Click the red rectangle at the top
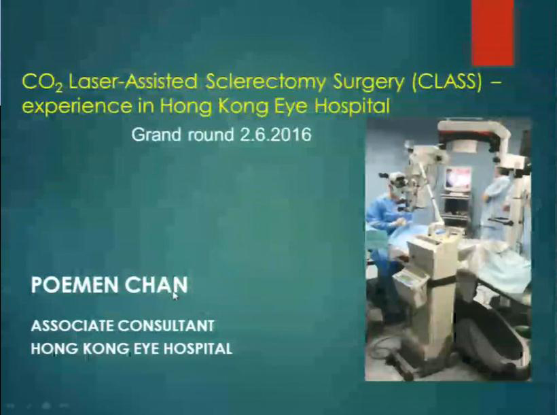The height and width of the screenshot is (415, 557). click(492, 33)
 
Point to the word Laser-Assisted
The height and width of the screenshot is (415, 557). click(132, 82)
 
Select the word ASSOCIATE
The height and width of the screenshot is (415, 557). click(72, 326)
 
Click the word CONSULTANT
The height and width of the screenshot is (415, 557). click(166, 326)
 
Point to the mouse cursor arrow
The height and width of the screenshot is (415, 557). click(175, 297)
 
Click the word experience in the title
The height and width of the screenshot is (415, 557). click(76, 107)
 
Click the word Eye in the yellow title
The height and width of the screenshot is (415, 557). click(292, 107)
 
